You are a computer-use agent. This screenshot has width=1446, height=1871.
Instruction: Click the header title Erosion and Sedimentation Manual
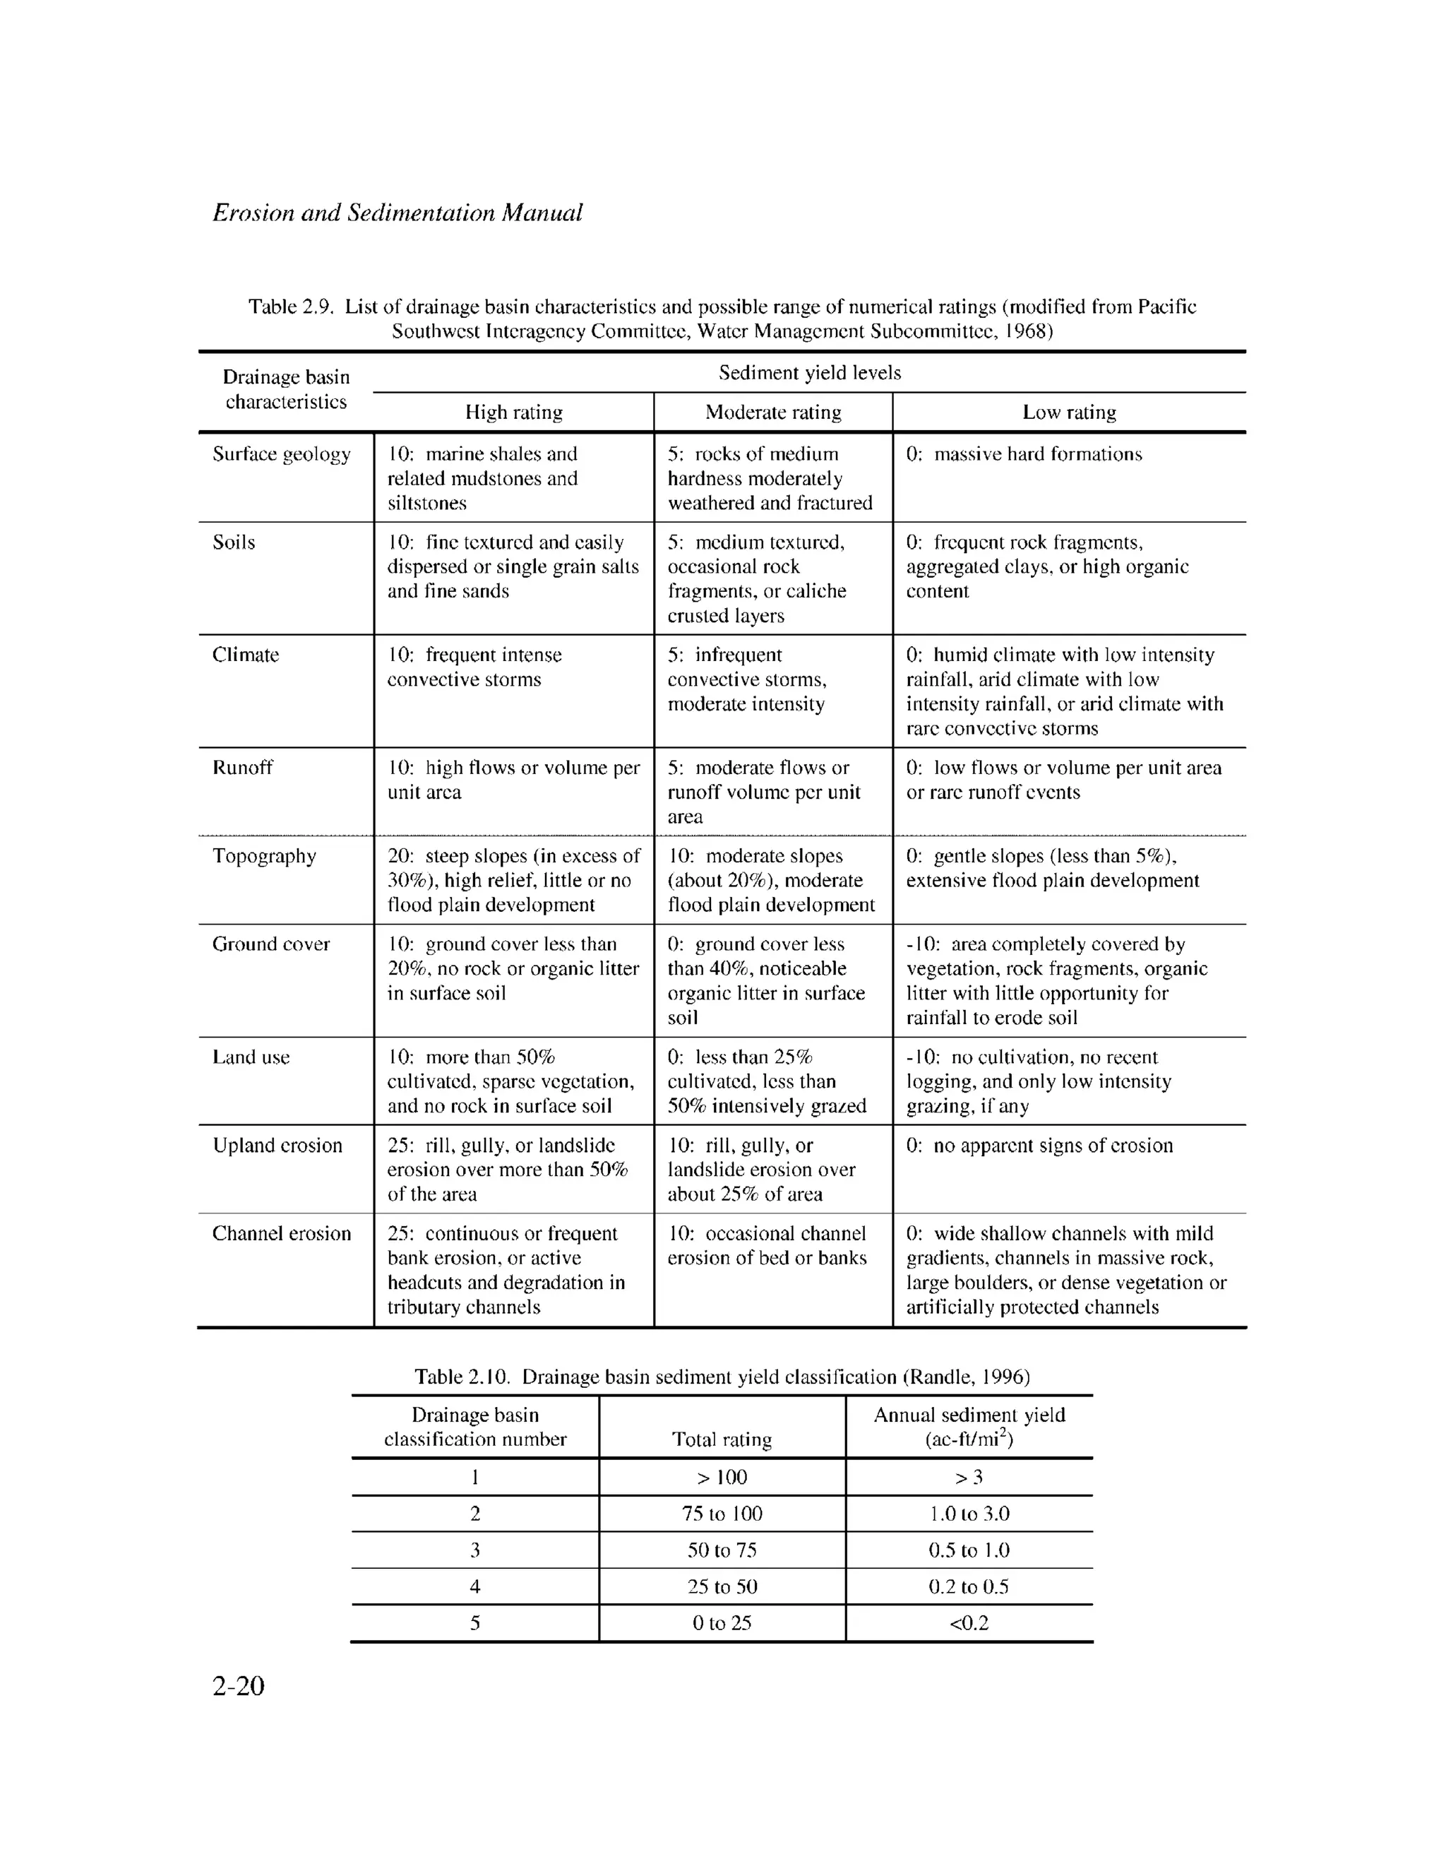click(397, 213)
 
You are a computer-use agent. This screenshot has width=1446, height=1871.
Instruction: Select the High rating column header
click(513, 412)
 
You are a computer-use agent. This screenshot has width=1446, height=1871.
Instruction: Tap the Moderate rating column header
click(772, 412)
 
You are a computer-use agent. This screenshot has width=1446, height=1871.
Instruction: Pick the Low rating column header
click(1068, 412)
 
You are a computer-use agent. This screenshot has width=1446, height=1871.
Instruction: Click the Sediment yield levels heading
click(810, 373)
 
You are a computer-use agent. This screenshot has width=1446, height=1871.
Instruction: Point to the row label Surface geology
click(281, 454)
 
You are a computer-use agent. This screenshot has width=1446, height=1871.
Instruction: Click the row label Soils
click(234, 542)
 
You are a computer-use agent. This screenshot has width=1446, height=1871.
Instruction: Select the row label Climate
click(245, 655)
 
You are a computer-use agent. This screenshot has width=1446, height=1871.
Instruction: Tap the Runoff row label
click(242, 768)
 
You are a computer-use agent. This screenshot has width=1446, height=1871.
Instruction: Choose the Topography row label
click(264, 856)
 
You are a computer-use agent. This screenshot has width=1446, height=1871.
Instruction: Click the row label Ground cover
click(270, 944)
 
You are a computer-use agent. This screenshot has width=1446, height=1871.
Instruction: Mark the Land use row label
click(251, 1057)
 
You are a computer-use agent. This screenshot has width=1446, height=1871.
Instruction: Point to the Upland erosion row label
click(277, 1146)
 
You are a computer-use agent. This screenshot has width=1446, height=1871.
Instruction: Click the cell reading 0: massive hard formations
click(1024, 454)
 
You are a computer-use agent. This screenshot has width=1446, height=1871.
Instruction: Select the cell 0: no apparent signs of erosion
click(1039, 1146)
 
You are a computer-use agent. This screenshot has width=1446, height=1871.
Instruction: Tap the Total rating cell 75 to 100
click(722, 1514)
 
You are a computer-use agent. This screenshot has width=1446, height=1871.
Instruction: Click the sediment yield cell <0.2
click(969, 1622)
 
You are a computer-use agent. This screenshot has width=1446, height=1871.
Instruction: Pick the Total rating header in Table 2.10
click(722, 1439)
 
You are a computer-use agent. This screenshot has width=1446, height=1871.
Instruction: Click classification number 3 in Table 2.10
click(474, 1550)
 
